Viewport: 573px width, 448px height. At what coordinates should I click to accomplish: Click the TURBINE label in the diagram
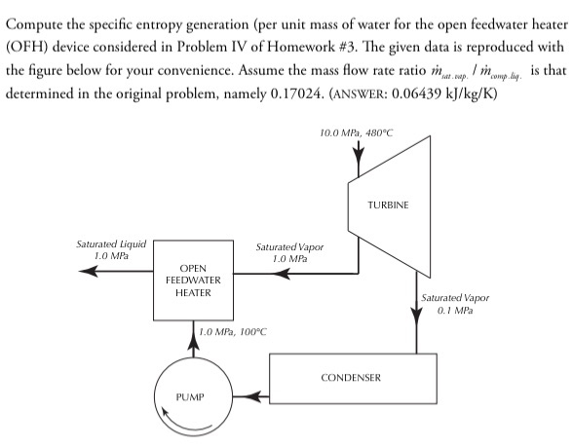tap(389, 206)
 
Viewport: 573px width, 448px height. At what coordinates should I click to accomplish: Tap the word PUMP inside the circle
tap(191, 397)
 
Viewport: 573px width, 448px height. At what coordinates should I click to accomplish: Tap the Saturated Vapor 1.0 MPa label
tap(289, 253)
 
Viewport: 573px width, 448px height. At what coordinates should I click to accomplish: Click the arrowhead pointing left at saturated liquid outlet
tap(88, 272)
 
